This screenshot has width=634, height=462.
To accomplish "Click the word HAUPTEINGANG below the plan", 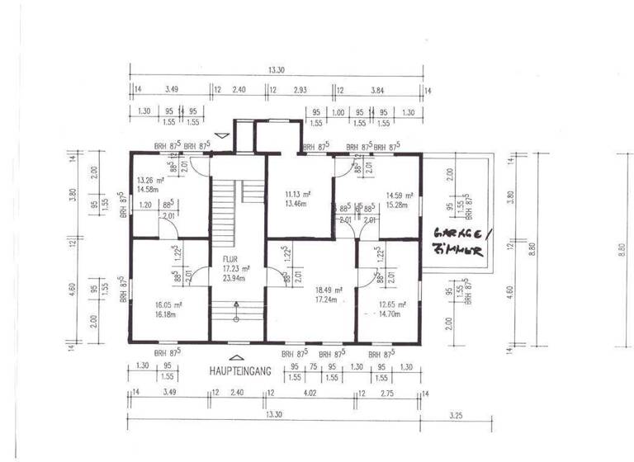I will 240,372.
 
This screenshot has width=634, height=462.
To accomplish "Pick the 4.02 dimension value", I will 310,395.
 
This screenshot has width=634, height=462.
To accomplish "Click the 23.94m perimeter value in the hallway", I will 234,279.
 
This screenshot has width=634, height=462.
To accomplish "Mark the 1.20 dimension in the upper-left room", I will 145,205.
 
